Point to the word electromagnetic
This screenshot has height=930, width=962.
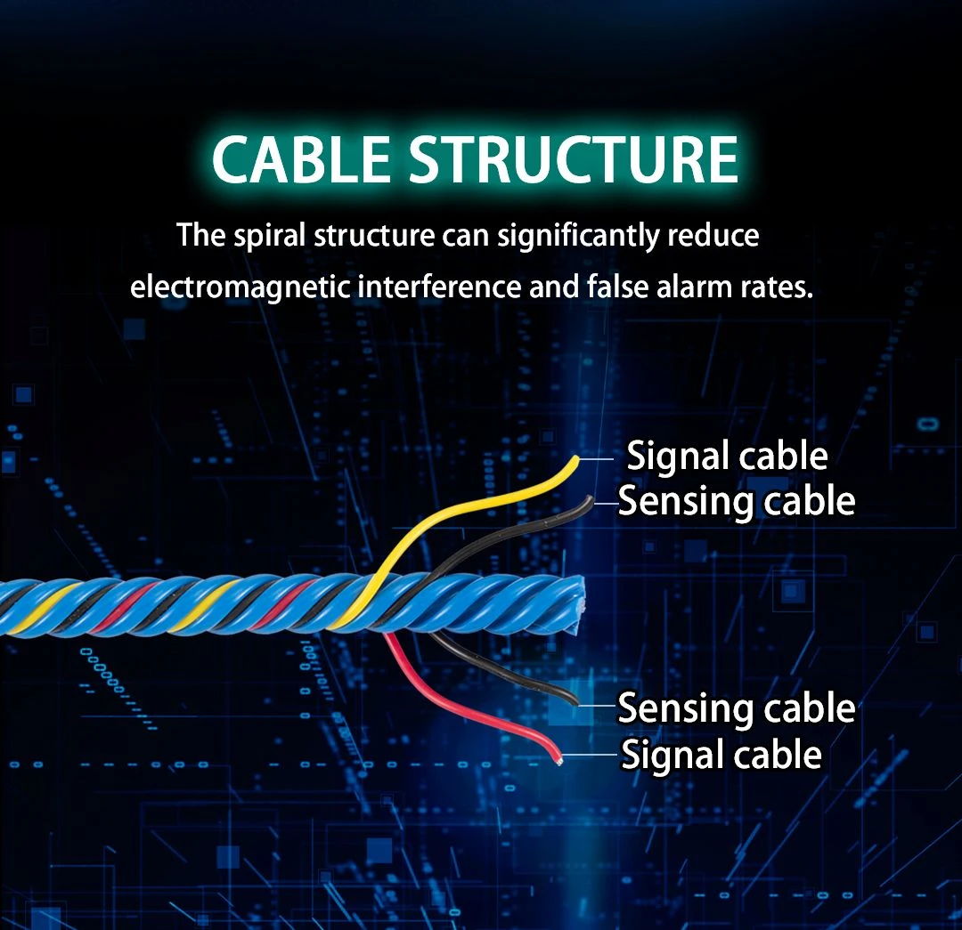240,287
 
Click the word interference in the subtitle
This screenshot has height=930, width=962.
438,287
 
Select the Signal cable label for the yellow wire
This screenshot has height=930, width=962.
727,457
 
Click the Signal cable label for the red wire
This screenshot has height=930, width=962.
721,754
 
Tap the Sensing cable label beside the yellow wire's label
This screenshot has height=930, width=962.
737,501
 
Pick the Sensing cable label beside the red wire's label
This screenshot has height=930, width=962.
737,708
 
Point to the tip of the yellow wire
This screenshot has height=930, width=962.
576,459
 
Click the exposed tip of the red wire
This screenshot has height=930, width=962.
558,762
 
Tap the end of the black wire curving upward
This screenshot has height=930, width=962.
590,499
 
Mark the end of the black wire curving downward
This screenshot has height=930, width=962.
575,701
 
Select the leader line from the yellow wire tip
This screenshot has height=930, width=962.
596,458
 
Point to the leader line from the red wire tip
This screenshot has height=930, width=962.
590,755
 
